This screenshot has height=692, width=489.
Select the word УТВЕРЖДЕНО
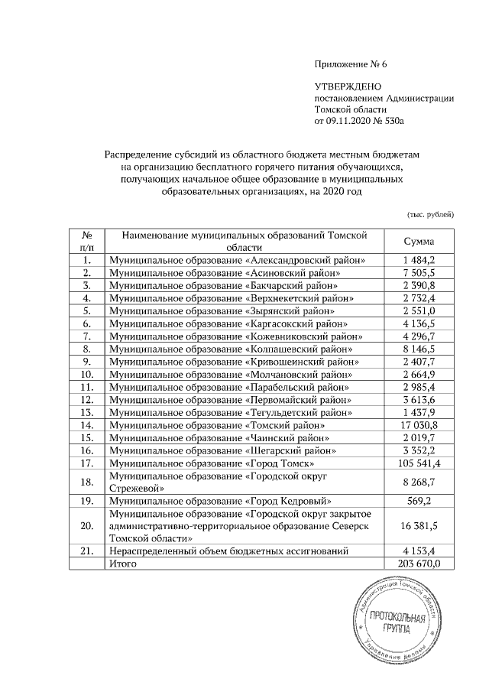[348, 87]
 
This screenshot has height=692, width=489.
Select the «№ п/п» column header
[87, 241]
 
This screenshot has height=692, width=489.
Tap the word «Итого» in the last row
[123, 563]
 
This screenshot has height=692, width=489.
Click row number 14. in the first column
[87, 424]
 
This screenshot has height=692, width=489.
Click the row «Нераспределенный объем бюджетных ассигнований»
[229, 550]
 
